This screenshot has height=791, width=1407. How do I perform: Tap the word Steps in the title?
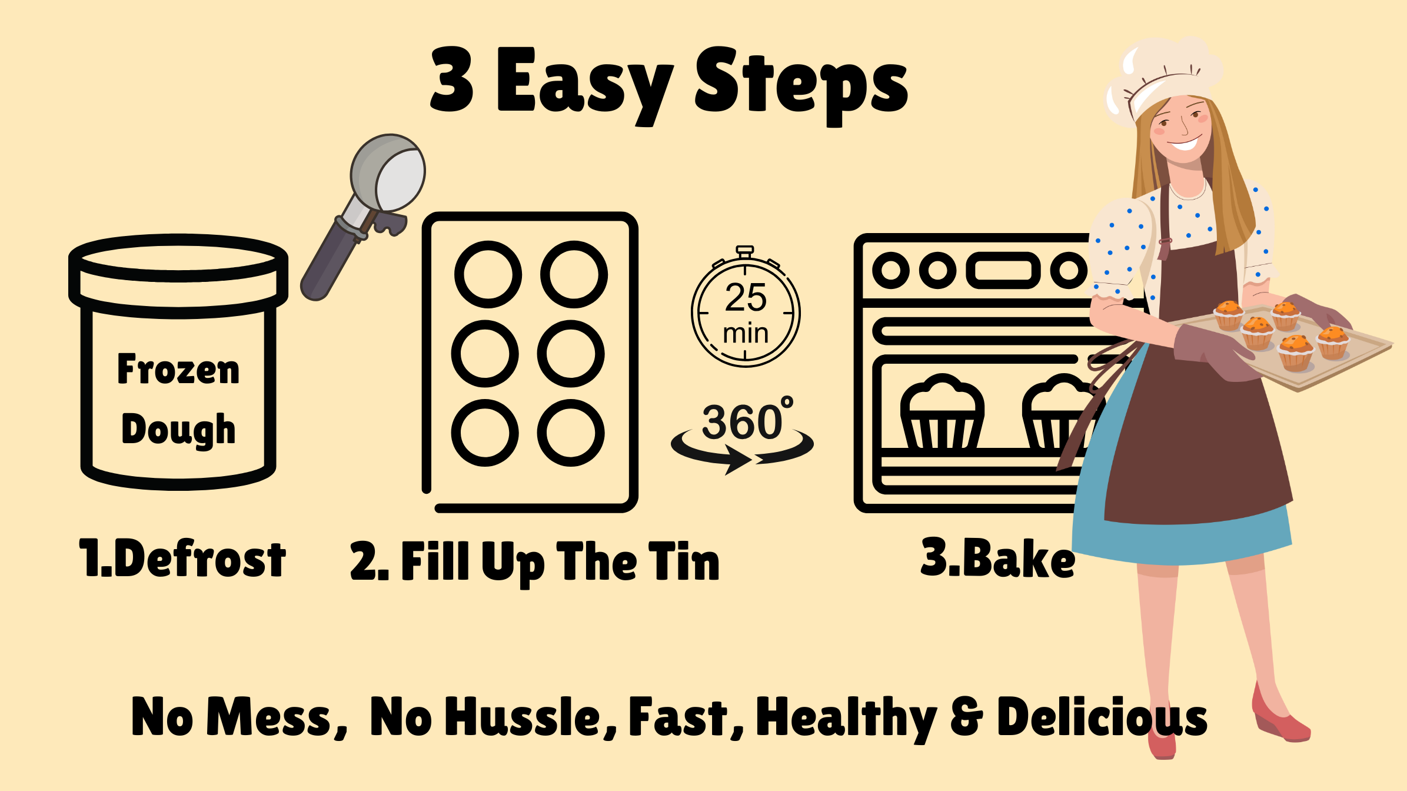[801, 86]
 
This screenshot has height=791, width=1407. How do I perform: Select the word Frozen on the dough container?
[178, 369]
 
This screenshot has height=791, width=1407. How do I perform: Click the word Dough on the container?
[178, 430]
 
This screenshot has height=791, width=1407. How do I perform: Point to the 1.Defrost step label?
[182, 557]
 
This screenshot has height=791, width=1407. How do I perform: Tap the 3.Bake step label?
[998, 557]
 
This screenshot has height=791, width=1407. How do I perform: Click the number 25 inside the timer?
[746, 297]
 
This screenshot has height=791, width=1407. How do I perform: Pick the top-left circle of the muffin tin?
[488, 274]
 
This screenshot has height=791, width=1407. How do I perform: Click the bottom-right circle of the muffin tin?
[571, 433]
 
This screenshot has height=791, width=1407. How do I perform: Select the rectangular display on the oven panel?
[1003, 271]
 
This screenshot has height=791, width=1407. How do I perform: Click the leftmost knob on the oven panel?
[891, 271]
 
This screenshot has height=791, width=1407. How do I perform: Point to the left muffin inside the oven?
[942, 413]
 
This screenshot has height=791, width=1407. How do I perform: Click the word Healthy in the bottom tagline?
[846, 717]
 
